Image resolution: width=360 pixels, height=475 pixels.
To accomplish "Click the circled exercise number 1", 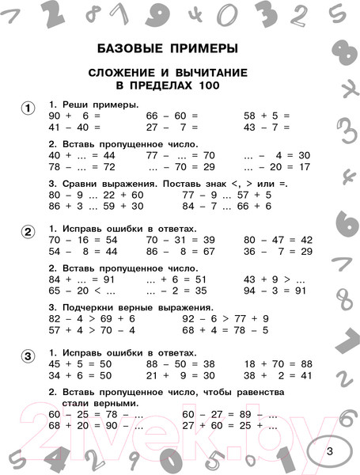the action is click(27, 108).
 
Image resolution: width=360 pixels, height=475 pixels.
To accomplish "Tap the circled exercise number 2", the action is click(27, 231).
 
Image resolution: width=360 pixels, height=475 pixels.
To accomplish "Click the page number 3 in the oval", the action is click(330, 451).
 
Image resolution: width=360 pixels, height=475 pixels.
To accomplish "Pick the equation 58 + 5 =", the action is click(267, 116).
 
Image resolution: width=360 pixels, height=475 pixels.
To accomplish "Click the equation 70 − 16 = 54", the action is click(83, 239).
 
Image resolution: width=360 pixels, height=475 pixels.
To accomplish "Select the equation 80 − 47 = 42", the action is click(278, 239).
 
